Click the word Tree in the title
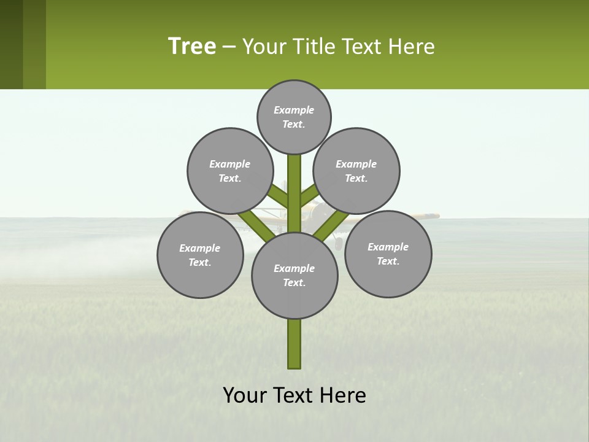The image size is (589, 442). coord(192,46)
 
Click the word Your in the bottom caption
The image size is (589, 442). coord(245,395)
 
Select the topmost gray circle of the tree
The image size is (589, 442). coord(294,117)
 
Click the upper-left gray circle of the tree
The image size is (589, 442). coord(230,171)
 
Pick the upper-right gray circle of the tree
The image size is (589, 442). coord(356,171)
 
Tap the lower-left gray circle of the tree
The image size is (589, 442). coord(200,255)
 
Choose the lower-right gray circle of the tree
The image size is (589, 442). coord(388,254)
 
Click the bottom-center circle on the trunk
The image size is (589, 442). coord(294,276)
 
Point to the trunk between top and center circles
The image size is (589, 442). coord(294,190)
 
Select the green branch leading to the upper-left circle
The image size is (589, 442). coord(279,196)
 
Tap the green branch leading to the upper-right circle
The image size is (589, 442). coord(309,195)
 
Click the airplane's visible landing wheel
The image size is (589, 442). coord(339,244)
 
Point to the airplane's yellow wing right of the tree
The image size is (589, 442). coord(423,215)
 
